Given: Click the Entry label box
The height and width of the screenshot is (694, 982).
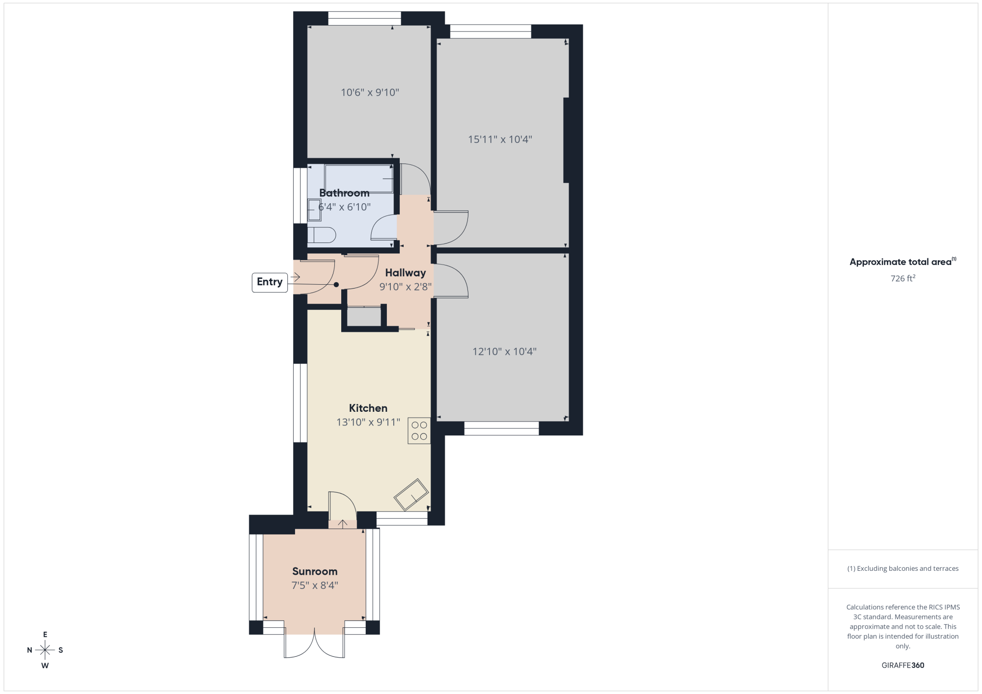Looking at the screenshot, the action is (x=270, y=282).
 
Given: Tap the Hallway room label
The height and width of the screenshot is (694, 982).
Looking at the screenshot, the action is (x=405, y=273).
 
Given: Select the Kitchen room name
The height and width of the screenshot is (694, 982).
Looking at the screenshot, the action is (x=368, y=408).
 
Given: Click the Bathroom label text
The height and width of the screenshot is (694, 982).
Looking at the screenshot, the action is (x=344, y=193).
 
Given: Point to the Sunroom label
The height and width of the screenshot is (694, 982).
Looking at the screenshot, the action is (x=315, y=571).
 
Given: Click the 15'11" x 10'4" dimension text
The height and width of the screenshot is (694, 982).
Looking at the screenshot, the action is (x=500, y=139).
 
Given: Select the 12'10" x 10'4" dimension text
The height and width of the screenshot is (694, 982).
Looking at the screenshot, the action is (x=504, y=351).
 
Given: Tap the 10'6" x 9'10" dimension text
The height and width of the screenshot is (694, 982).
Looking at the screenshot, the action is (x=370, y=92).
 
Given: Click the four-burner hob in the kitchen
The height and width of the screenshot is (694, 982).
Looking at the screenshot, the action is (x=419, y=431).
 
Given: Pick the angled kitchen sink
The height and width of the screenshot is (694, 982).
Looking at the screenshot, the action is (x=411, y=495).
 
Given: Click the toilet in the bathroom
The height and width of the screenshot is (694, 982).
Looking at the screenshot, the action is (x=322, y=235).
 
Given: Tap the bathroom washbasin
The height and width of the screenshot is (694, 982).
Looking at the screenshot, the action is (x=314, y=210).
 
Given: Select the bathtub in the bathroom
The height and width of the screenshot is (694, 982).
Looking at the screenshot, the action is (x=359, y=179).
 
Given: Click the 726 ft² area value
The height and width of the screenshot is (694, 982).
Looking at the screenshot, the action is (x=903, y=278).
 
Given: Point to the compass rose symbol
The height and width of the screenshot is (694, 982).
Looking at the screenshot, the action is (x=45, y=650).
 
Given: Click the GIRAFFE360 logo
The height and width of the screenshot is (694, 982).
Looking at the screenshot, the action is (x=903, y=666).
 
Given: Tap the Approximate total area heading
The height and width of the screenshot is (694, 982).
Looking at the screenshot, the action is (x=903, y=262).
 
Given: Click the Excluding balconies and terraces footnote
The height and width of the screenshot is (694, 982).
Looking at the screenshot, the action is (x=903, y=568).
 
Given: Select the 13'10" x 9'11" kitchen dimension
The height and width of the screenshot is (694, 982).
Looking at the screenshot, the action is (x=368, y=422).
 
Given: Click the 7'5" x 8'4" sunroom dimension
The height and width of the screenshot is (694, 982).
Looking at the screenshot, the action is (x=315, y=585).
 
